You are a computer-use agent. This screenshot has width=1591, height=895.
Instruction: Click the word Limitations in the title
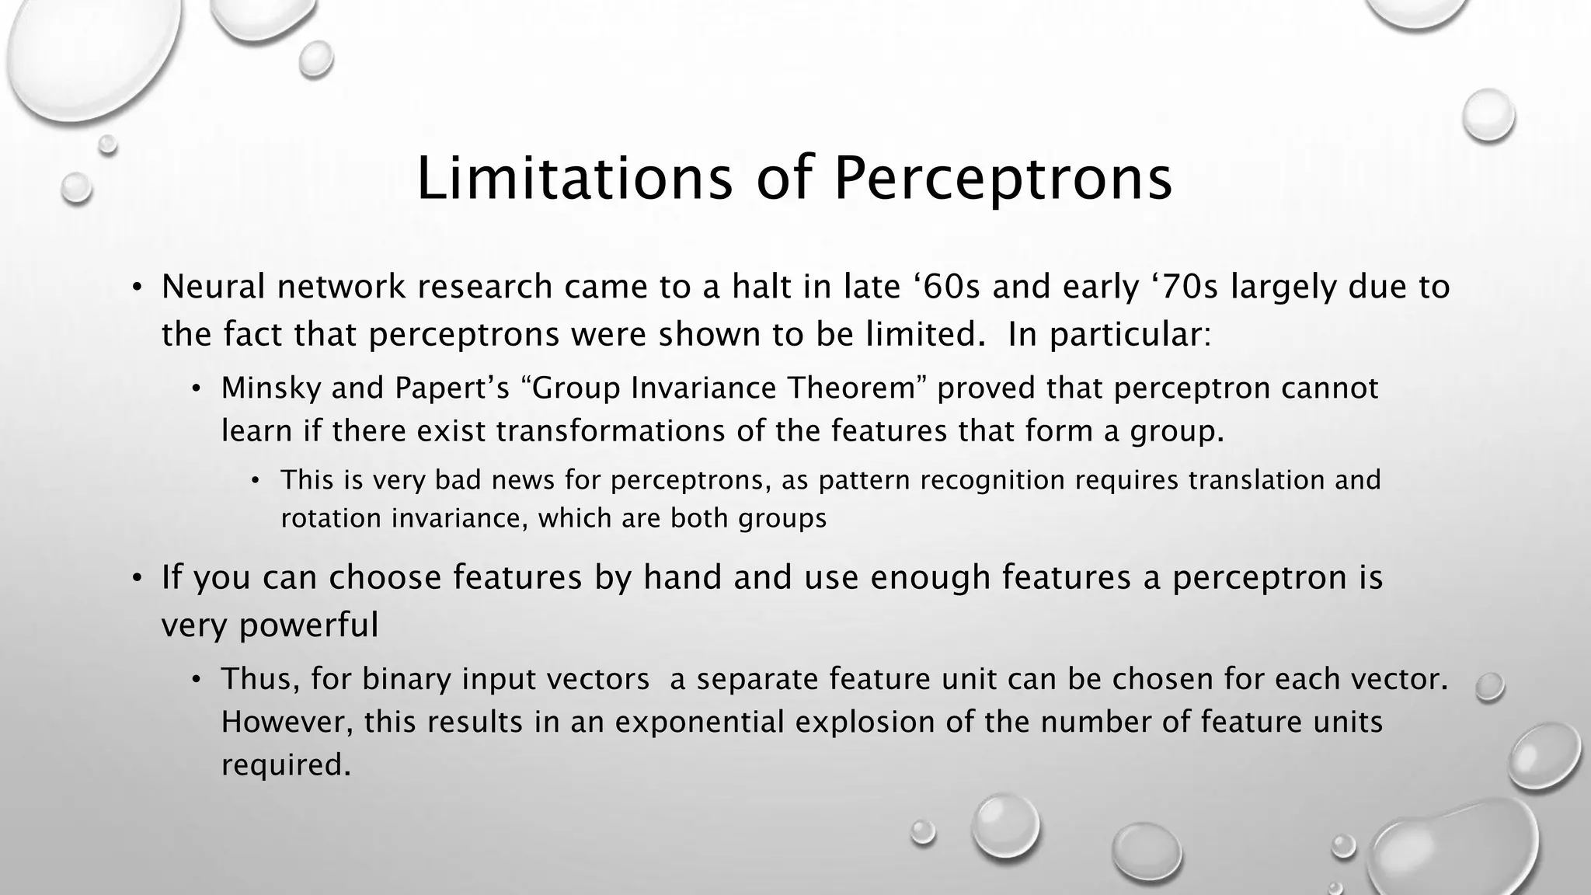click(x=574, y=179)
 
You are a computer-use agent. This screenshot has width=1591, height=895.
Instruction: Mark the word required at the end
click(x=286, y=765)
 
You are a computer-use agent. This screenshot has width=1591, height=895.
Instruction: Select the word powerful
click(x=309, y=625)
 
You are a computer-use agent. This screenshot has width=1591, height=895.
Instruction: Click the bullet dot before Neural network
click(x=137, y=288)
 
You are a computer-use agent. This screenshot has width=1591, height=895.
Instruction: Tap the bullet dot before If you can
click(x=137, y=579)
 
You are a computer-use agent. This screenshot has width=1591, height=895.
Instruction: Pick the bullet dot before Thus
click(x=197, y=681)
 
